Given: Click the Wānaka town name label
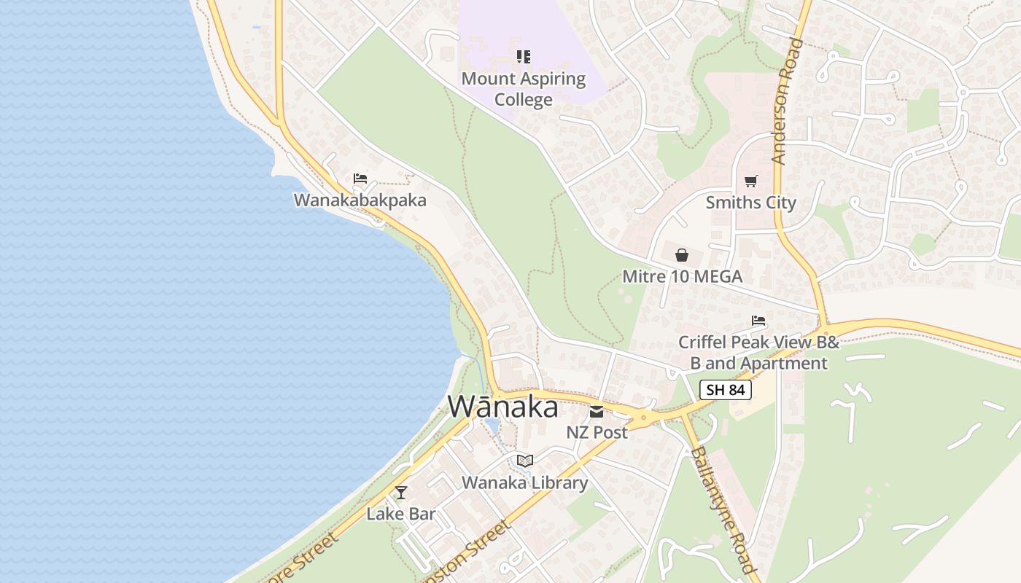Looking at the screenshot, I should click(503, 407).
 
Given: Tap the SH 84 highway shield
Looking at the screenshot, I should click(726, 390).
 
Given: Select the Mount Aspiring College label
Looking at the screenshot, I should click(524, 89).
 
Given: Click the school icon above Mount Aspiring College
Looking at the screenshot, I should click(524, 56).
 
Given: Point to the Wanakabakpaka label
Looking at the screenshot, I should click(360, 200).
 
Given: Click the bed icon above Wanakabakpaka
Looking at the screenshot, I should click(360, 178).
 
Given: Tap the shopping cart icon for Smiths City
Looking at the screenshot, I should click(750, 181).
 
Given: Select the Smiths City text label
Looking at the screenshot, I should click(750, 203).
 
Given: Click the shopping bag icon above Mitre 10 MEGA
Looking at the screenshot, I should click(682, 254).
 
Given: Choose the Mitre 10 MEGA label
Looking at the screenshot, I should click(682, 276).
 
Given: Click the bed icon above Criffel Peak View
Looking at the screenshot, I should click(758, 320).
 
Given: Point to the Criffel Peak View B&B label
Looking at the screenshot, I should click(758, 353).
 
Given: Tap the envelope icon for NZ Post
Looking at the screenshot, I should click(597, 412).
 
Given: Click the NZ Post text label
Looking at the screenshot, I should click(597, 432).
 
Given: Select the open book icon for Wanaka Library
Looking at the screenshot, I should click(524, 461).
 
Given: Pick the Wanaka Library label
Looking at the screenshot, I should click(524, 482).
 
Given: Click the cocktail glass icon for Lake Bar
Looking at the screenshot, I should click(400, 492).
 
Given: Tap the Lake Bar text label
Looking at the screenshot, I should click(400, 514).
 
